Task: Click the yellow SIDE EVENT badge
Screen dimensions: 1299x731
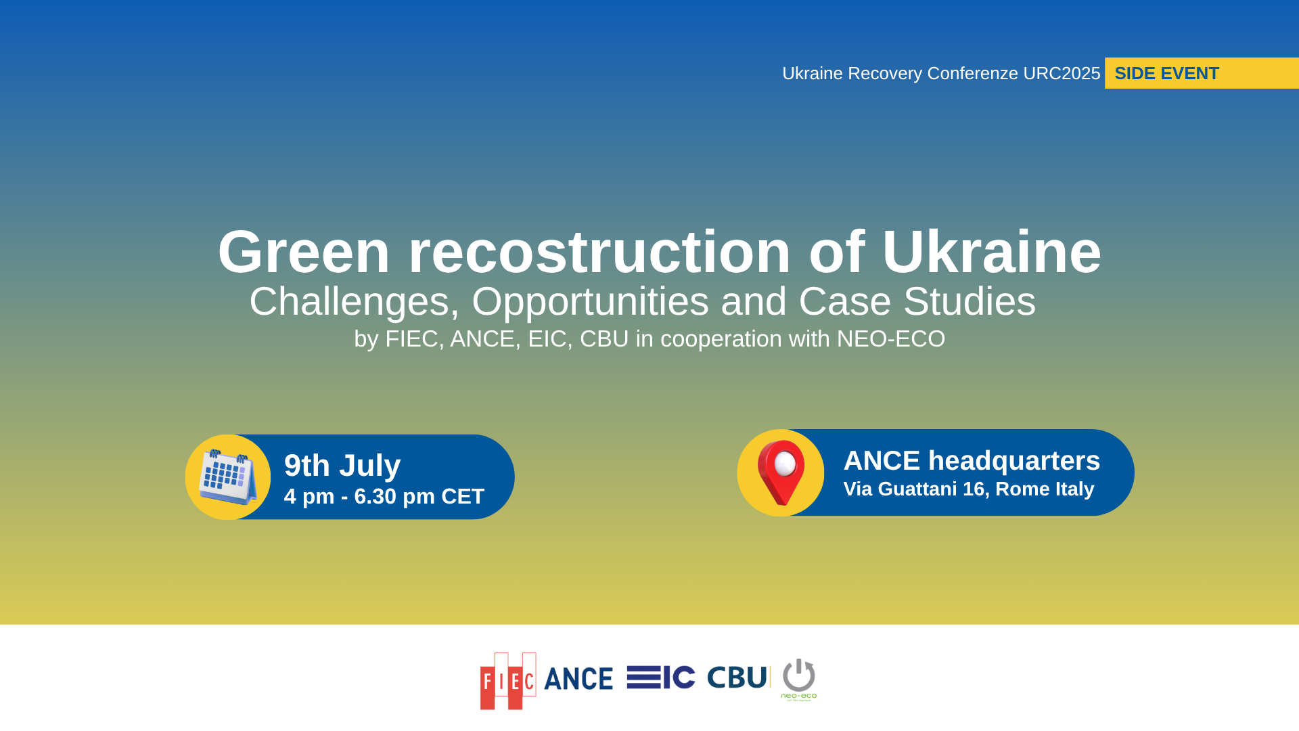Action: click(x=1202, y=73)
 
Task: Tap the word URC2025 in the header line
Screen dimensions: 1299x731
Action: click(x=1062, y=73)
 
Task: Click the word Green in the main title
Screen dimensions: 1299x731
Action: click(x=304, y=252)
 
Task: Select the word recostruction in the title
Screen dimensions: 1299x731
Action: click(x=599, y=252)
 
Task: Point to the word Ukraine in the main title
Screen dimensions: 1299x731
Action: click(x=992, y=252)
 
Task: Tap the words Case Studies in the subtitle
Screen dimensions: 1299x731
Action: click(x=917, y=302)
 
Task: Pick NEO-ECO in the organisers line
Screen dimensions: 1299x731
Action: click(x=891, y=338)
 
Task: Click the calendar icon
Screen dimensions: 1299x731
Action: click(x=228, y=477)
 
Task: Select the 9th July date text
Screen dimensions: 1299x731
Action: click(x=342, y=466)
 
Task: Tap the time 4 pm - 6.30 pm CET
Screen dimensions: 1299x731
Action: click(x=384, y=496)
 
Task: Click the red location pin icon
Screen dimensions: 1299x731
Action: click(x=781, y=472)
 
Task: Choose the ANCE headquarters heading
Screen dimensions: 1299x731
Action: click(x=972, y=460)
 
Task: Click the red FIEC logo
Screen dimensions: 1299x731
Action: click(x=508, y=681)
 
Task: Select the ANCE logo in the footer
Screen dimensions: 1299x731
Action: click(x=578, y=679)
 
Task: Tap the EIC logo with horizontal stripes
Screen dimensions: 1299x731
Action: click(x=661, y=678)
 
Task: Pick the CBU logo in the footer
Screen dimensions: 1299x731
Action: click(x=737, y=678)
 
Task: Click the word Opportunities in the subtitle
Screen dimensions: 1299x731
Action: click(x=590, y=302)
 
